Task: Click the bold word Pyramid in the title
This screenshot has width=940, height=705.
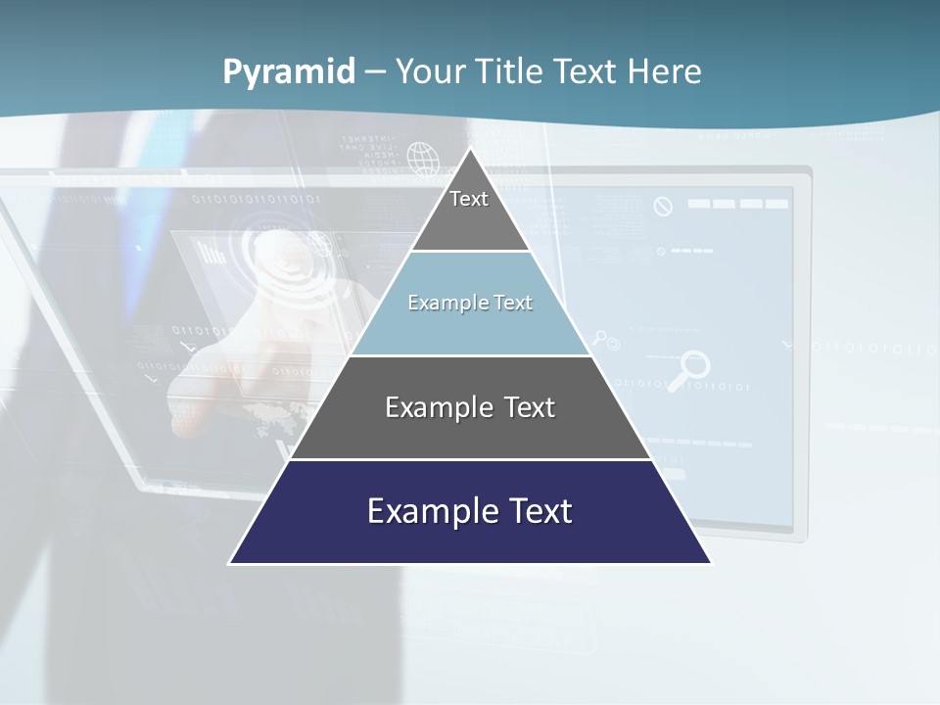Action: [x=289, y=72]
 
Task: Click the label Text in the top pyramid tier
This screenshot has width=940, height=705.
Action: [x=469, y=199]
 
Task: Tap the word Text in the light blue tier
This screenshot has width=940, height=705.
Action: [x=513, y=303]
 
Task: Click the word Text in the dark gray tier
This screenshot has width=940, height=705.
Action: [x=529, y=407]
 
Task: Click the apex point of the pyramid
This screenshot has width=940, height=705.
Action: [x=470, y=149]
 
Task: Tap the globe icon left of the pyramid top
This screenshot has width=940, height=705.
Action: [x=422, y=157]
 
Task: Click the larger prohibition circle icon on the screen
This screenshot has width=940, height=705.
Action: [x=663, y=207]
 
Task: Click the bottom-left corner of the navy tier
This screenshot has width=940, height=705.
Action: [x=229, y=563]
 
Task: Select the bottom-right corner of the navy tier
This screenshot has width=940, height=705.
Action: [x=712, y=563]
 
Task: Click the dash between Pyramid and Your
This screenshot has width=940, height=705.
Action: [x=374, y=72]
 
